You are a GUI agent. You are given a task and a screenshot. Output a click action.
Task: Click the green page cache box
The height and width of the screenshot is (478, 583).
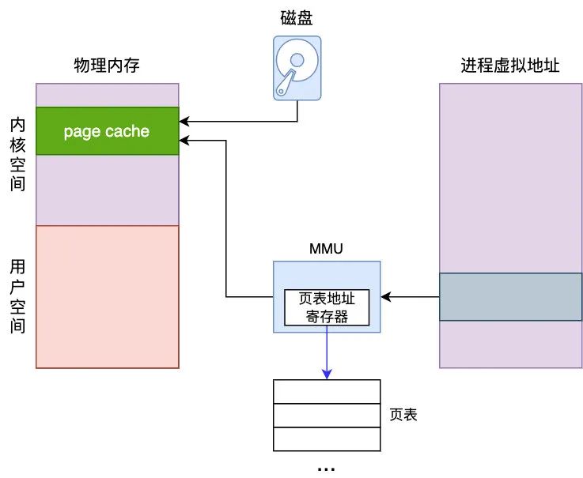[x=108, y=131]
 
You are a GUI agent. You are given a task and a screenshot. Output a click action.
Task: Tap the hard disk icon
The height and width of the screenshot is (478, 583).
[x=297, y=67]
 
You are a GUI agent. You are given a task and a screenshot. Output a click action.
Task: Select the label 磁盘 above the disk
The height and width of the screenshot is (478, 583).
[x=297, y=17]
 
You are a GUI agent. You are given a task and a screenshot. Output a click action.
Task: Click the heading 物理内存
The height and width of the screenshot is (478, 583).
[x=107, y=66]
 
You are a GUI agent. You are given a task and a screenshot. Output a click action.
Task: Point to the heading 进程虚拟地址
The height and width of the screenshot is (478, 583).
[x=510, y=66]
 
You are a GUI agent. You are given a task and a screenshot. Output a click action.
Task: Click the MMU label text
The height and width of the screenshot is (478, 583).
[x=327, y=250]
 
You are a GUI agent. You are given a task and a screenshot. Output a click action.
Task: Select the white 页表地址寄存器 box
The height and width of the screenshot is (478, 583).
[x=327, y=307]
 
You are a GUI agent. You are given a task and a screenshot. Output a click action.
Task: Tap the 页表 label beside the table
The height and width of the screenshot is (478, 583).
[x=403, y=415]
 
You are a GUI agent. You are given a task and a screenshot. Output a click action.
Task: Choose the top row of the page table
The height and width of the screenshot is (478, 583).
[x=327, y=392]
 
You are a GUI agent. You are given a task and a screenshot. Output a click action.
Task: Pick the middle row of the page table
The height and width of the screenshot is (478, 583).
[x=327, y=416]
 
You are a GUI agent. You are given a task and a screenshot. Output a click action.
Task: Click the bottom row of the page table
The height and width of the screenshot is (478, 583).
[x=327, y=439]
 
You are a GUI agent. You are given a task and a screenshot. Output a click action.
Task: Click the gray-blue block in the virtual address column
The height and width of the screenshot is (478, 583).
[x=510, y=297]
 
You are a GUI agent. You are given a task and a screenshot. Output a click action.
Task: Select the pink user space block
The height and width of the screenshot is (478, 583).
[x=108, y=296]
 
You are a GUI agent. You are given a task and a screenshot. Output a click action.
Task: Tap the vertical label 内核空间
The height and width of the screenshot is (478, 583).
[x=17, y=155]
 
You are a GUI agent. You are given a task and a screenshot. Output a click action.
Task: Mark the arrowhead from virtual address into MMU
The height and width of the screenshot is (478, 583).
[x=386, y=297]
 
